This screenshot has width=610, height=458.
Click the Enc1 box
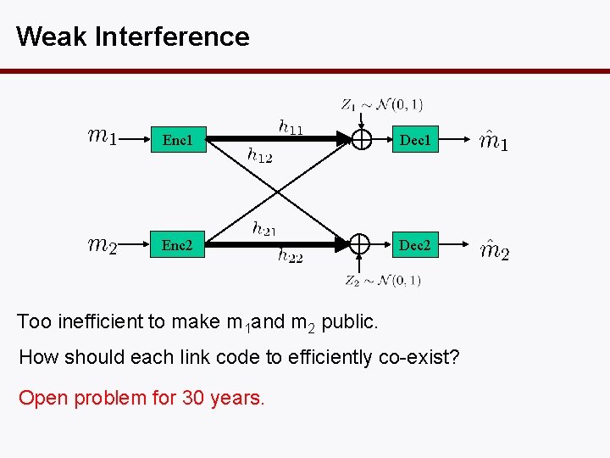[x=177, y=140]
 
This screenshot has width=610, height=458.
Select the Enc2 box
[x=177, y=246]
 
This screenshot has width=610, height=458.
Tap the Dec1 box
[x=415, y=140]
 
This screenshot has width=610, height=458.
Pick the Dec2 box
[x=415, y=246]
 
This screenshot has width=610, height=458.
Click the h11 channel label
[x=291, y=126]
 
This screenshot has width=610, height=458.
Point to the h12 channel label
[x=259, y=154]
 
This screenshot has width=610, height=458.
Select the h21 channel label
[x=263, y=227]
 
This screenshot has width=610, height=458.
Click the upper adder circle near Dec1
[x=361, y=139]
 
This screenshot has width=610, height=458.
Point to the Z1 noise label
[x=381, y=104]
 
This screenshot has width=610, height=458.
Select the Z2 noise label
[x=382, y=280]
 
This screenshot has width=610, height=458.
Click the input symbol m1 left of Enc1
[x=103, y=136]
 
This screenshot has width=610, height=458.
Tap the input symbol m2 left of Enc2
[x=103, y=246]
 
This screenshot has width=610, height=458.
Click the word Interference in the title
[x=173, y=36]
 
